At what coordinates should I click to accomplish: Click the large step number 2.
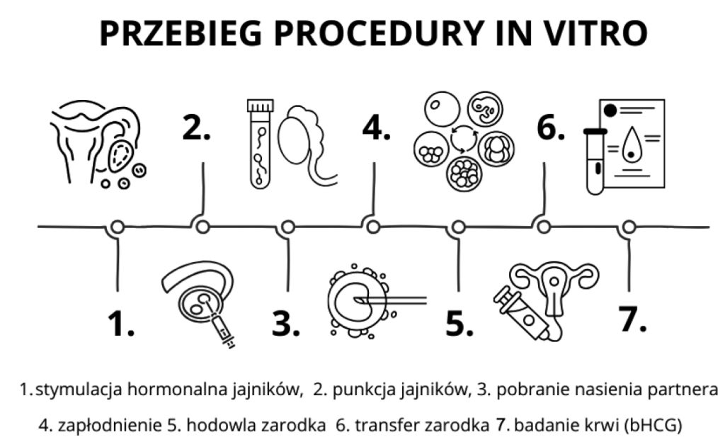[x=196, y=127]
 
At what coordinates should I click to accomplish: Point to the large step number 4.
[x=376, y=127]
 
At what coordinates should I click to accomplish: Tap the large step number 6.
[x=550, y=127]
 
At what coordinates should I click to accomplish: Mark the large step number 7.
[x=632, y=318]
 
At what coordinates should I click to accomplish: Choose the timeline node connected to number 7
[x=627, y=227]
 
